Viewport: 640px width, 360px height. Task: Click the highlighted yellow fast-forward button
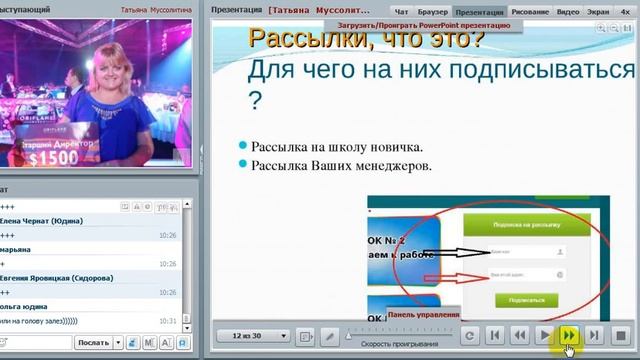(569, 336)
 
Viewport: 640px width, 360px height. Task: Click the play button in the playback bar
(544, 336)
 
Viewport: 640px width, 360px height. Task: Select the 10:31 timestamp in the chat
(168, 320)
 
